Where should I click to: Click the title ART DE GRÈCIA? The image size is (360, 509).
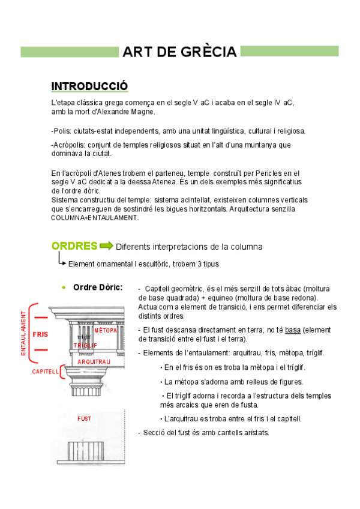click(179, 52)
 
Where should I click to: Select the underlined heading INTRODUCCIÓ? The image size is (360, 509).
click(89, 86)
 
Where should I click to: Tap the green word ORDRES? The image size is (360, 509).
click(74, 245)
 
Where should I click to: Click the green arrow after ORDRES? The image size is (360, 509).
click(106, 245)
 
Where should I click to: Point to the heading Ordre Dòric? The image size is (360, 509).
click(98, 287)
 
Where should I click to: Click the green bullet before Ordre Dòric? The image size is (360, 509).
click(64, 288)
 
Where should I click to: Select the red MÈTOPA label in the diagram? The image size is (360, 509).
click(106, 331)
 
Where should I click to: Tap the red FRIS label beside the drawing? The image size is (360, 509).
click(40, 334)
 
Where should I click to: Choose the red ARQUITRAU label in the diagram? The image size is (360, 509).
click(94, 362)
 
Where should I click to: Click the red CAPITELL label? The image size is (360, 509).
click(46, 372)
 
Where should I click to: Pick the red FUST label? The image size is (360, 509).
click(85, 418)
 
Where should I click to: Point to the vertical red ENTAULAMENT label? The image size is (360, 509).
click(24, 334)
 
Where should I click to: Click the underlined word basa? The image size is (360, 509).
click(293, 330)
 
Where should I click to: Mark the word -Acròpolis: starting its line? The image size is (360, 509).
click(69, 145)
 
